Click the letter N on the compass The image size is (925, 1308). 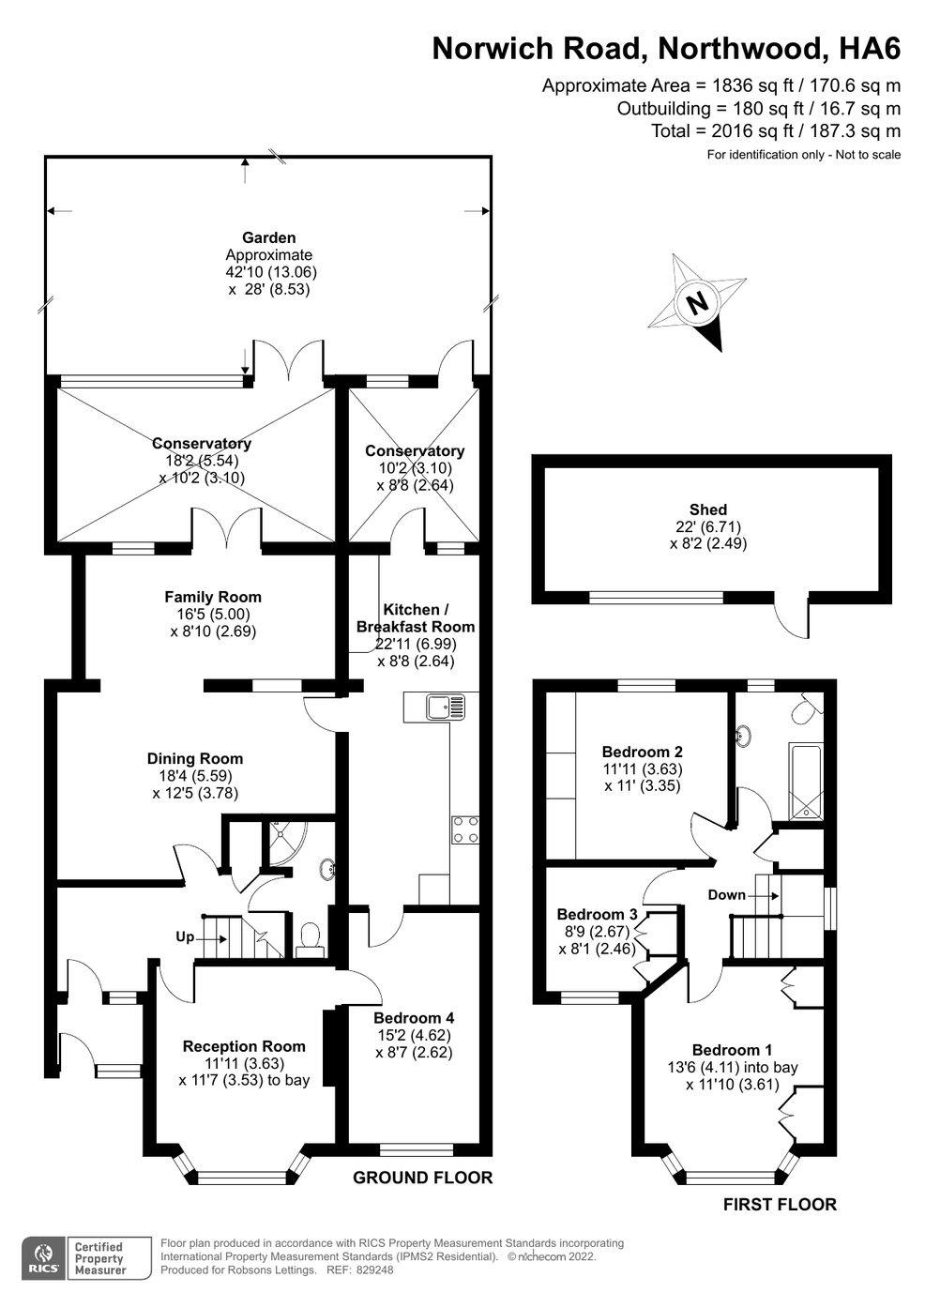click(x=697, y=304)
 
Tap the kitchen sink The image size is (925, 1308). click(x=445, y=707)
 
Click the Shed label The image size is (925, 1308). click(x=707, y=510)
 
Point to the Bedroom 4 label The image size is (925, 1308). click(x=414, y=1018)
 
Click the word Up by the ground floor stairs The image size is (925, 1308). click(x=185, y=937)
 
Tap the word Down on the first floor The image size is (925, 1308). click(x=726, y=894)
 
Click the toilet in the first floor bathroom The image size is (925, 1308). click(x=807, y=708)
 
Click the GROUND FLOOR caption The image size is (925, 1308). click(x=422, y=1178)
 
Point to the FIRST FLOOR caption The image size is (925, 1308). click(x=780, y=1204)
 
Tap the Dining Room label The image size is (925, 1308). click(x=194, y=758)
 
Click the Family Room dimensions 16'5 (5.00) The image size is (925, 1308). click(x=213, y=614)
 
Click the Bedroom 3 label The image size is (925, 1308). click(x=597, y=914)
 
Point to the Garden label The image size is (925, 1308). click(x=268, y=237)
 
